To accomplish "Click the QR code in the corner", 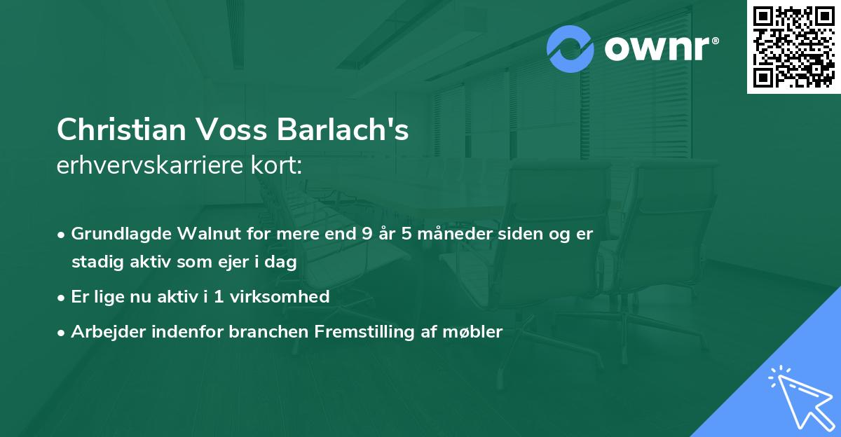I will point(794,46).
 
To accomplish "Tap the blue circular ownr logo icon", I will point(570,48).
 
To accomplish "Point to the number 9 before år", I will point(367,234).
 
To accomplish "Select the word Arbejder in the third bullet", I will point(102,332).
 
